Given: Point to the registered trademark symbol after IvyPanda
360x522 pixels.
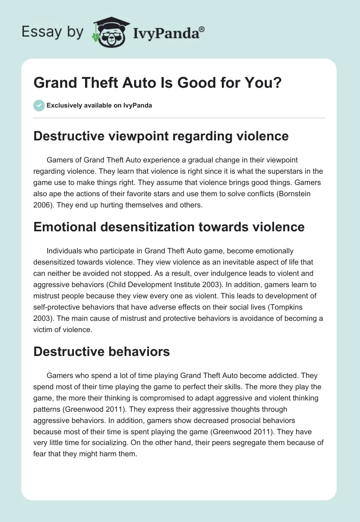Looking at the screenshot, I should click(x=202, y=29).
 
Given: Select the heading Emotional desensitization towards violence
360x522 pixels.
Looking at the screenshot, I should click(x=169, y=227).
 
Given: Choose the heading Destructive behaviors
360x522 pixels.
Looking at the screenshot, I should click(x=102, y=351).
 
